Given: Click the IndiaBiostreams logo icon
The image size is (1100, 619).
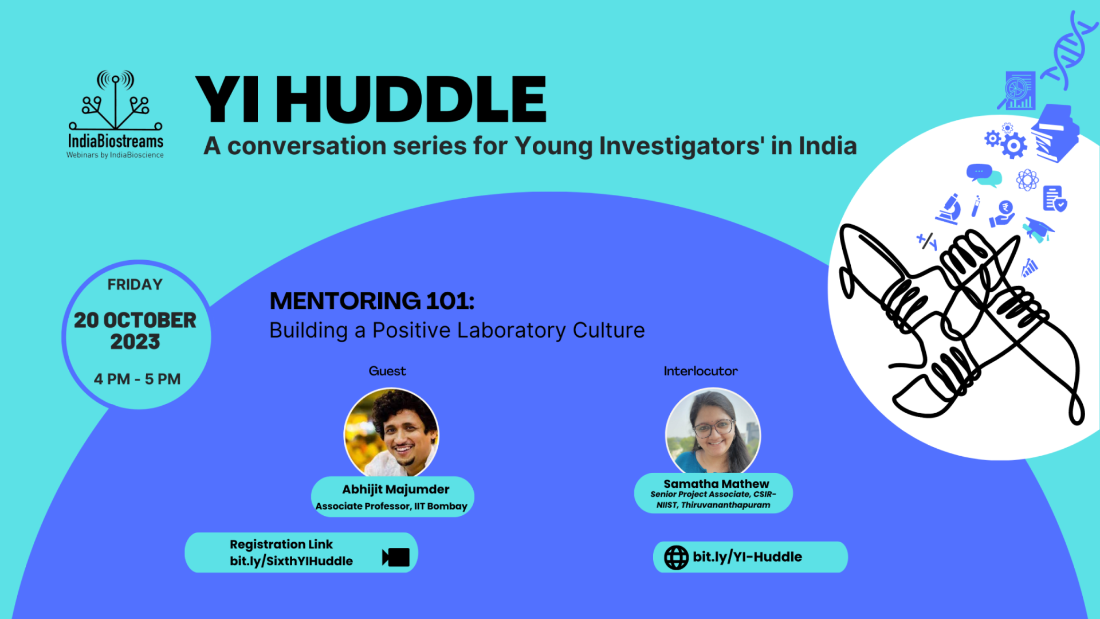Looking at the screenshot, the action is coord(116,100).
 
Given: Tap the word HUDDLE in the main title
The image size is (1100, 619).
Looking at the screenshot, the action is coord(411,100).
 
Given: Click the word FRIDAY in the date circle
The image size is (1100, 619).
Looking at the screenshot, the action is coord(135,284).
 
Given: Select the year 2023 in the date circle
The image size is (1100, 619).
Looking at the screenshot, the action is coord(135,342).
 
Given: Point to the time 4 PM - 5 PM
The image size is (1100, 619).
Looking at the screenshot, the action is coord(137,379).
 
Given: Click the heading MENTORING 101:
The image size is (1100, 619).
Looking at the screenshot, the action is coord(372,301).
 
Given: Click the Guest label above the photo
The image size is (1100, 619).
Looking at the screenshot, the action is coord(387,371).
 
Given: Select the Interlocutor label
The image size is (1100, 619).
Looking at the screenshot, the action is coord(701,371).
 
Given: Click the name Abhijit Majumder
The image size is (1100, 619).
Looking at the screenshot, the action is coord(395,489).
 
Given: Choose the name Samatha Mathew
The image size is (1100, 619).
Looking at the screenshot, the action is coord(716,484).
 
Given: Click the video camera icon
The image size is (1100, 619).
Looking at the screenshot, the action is coord(396,557).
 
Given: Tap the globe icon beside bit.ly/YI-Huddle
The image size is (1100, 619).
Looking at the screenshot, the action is coord(676,557).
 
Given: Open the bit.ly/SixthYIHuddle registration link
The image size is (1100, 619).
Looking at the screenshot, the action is coord(291,561).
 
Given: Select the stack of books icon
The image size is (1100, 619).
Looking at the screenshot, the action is coord(1055,133).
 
